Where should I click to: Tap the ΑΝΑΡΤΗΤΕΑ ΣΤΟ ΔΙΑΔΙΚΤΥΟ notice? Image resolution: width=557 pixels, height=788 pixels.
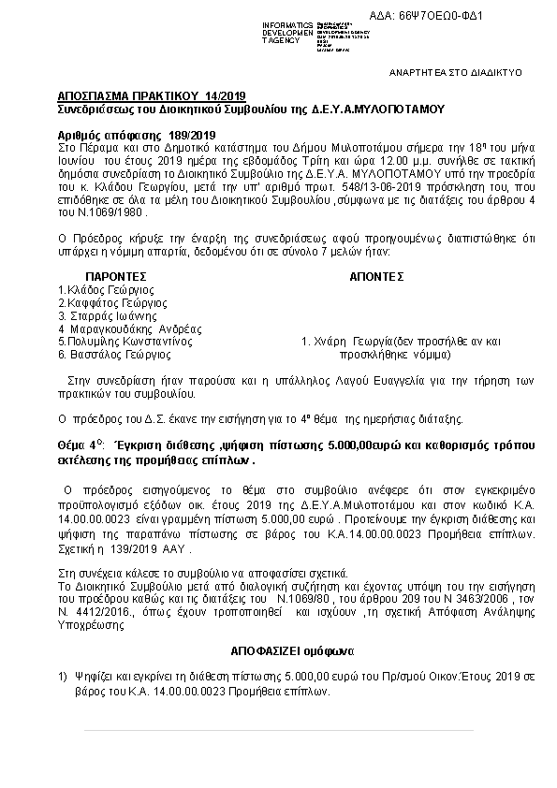[456, 71]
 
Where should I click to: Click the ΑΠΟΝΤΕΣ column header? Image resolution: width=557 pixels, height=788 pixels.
[375, 277]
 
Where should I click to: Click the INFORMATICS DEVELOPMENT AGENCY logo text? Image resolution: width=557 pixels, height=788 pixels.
[286, 32]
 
